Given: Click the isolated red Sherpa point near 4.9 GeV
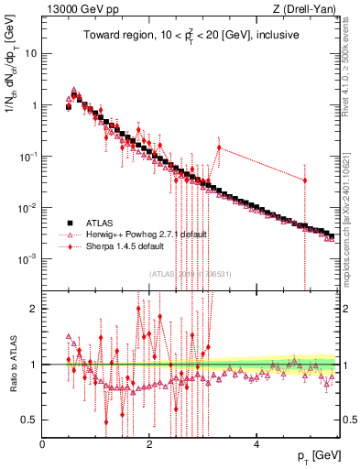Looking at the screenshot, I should (305, 180).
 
